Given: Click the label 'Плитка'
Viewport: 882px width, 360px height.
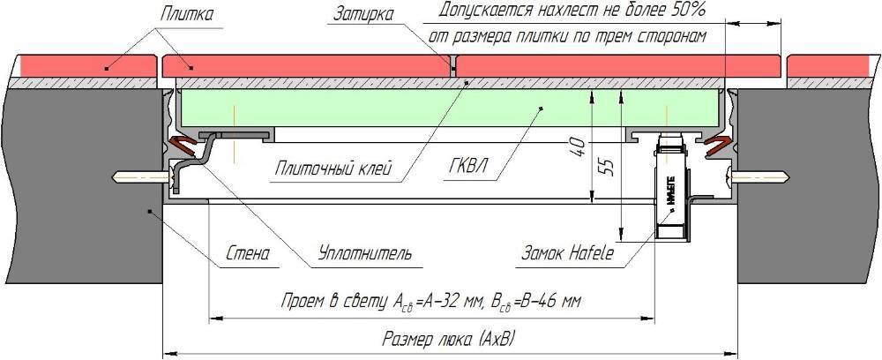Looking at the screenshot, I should [188, 13].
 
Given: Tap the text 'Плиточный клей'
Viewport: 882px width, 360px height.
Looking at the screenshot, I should [331, 168].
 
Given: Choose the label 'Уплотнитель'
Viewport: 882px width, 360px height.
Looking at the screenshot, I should [364, 254].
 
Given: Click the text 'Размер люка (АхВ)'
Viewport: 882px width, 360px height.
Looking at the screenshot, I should [450, 339].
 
